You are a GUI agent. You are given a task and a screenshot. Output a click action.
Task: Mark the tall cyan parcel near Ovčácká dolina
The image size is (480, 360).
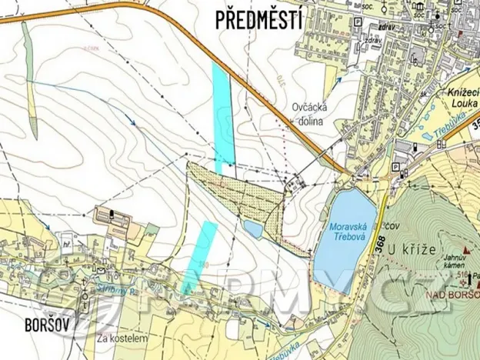[x=222, y=115]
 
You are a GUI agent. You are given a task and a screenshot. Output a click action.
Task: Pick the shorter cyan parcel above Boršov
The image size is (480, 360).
[x=200, y=254]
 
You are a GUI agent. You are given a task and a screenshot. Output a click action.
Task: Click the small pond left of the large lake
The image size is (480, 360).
[x=253, y=228]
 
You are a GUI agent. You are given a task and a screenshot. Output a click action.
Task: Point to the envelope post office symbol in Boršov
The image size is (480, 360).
[x=97, y=268]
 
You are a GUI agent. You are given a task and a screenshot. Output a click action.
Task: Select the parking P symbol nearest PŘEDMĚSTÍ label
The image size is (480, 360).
[x=357, y=24]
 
